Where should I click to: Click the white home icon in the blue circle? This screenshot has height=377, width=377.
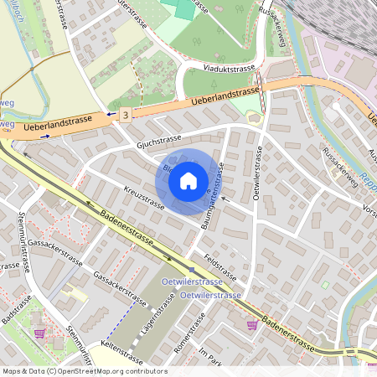point(188,179)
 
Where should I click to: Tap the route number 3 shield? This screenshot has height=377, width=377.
point(125,113)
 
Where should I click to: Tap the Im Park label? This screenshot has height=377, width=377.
point(209,353)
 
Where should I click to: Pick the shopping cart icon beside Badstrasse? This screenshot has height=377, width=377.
point(39,333)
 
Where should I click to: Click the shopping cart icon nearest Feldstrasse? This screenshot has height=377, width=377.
point(252,324)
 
